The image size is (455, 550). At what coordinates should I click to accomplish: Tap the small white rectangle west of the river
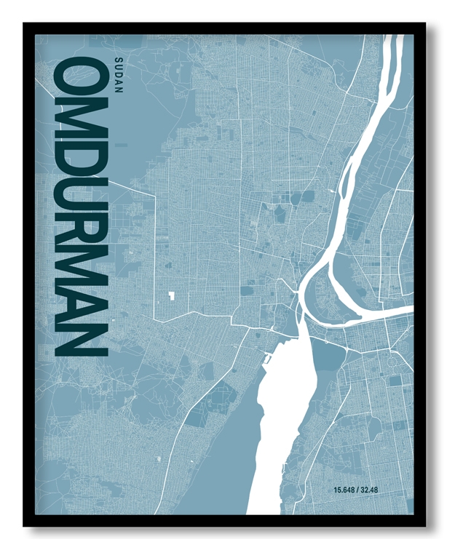173,295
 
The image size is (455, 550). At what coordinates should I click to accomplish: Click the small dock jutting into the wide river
267,359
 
